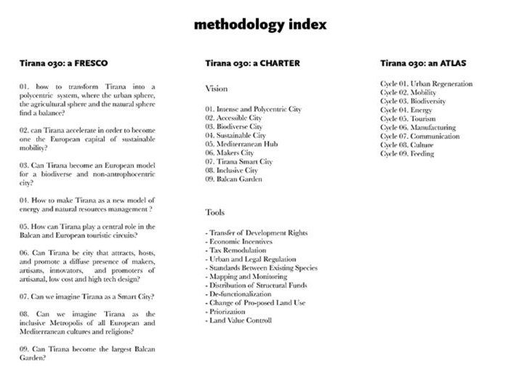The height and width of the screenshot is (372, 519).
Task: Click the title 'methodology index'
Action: tap(259, 25)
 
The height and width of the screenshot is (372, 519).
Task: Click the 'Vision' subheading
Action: tap(216, 88)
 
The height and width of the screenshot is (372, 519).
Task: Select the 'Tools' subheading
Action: tap(215, 213)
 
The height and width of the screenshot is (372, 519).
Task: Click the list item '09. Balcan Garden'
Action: tap(233, 179)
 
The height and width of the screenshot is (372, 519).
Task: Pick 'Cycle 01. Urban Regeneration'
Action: tap(426, 84)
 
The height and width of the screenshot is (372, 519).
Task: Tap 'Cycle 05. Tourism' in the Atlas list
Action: tap(409, 118)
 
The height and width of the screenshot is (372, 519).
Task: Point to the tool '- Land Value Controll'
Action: tap(238, 320)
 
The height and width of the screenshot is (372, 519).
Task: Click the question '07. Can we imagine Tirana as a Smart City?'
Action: tap(85, 296)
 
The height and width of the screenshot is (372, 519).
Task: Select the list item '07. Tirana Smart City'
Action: tap(239, 161)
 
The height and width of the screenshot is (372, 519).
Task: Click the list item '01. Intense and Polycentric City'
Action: tap(253, 109)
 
